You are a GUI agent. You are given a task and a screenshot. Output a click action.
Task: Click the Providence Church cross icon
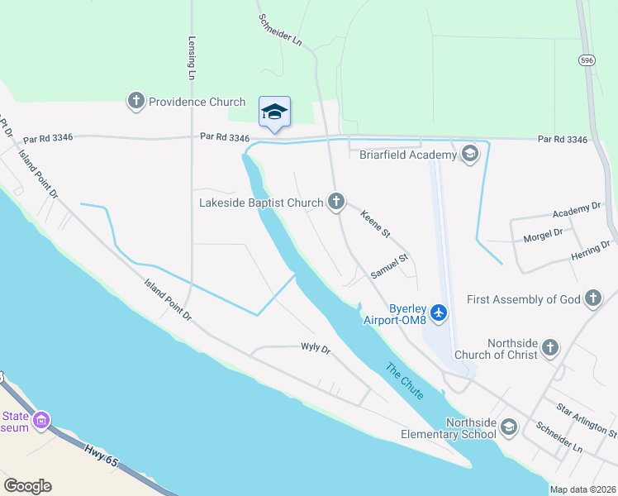(x=136, y=102)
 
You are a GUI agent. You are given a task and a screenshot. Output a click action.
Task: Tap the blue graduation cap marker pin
(x=274, y=112)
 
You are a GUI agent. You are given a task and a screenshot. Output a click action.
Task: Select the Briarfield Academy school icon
(x=470, y=155)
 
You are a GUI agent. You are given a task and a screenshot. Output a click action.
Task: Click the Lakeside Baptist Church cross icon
(x=335, y=202)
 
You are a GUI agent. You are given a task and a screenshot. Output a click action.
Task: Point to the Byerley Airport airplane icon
(x=438, y=312)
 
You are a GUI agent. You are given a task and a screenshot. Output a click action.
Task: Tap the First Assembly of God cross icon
(x=592, y=299)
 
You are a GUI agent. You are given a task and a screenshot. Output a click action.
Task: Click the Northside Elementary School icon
(x=509, y=427)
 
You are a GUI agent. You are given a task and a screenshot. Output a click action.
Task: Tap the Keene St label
(x=374, y=224)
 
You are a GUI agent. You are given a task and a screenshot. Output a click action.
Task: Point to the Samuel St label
(x=389, y=265)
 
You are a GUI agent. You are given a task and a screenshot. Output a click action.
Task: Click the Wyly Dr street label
(x=315, y=350)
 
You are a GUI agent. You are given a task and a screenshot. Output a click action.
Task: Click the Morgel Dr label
(x=543, y=236)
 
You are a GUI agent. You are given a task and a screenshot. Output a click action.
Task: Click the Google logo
(x=27, y=486)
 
